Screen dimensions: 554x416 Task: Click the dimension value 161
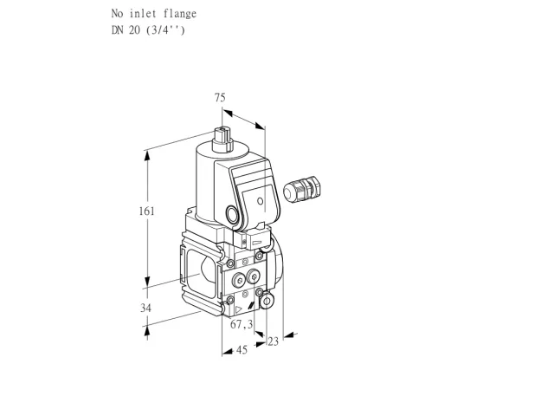click(146, 211)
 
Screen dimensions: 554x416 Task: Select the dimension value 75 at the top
click(220, 97)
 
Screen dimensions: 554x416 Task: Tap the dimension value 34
click(145, 309)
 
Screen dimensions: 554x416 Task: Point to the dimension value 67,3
click(242, 324)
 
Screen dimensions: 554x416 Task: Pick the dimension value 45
click(242, 350)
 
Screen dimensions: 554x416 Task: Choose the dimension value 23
click(274, 341)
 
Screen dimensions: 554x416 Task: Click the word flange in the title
click(180, 14)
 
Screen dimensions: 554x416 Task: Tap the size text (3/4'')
click(165, 30)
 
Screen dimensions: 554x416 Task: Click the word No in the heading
click(118, 14)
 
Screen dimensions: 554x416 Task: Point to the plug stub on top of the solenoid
click(222, 139)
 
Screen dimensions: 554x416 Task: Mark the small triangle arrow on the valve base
click(239, 309)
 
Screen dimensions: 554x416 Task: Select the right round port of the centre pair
click(253, 276)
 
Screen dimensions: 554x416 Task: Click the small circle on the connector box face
click(260, 201)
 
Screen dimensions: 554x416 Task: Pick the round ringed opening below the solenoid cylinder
click(233, 215)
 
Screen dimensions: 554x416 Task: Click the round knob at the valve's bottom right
click(267, 301)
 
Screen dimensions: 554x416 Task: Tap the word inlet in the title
click(143, 14)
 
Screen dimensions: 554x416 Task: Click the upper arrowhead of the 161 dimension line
click(147, 156)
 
